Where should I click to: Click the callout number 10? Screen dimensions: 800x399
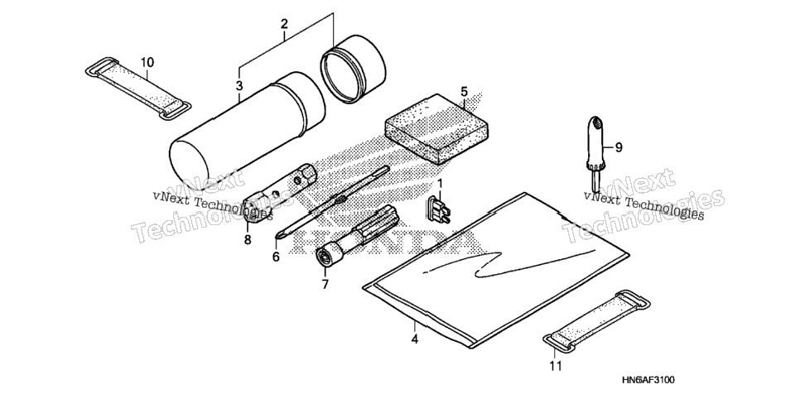click(x=147, y=62)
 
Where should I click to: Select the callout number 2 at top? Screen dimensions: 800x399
click(x=284, y=23)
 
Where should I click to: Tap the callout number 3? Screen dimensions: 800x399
click(x=240, y=85)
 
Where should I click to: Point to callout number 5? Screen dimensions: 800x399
click(x=464, y=92)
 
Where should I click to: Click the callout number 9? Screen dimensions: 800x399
click(x=619, y=147)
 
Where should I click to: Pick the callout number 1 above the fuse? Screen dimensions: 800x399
click(x=440, y=183)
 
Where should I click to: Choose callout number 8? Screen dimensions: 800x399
click(x=248, y=239)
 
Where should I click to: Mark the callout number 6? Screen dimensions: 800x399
click(x=276, y=257)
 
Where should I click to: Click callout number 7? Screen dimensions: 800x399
click(x=325, y=284)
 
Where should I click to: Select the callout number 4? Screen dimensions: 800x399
click(x=415, y=339)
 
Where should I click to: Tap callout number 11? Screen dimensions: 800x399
click(x=556, y=365)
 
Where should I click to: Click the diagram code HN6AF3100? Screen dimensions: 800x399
click(x=648, y=380)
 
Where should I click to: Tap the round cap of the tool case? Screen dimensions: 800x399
click(x=353, y=69)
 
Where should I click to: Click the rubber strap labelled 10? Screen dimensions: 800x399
click(x=137, y=89)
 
